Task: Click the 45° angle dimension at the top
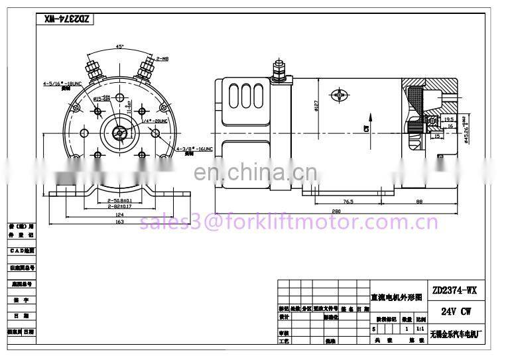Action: (119, 46)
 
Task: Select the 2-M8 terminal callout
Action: (162, 59)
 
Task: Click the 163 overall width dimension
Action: (119, 222)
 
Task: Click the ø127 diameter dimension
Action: (316, 104)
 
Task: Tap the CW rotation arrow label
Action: (365, 127)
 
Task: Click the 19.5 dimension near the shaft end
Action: (448, 120)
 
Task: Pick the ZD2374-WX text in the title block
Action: (454, 290)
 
